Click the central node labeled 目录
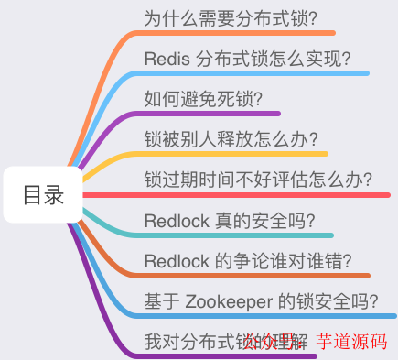[43, 195]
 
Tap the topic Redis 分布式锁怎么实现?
[247, 59]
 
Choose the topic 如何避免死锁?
[204, 99]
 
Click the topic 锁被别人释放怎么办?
[231, 139]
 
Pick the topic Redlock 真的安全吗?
[230, 220]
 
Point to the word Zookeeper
[230, 300]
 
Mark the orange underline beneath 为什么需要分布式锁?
[229, 33]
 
